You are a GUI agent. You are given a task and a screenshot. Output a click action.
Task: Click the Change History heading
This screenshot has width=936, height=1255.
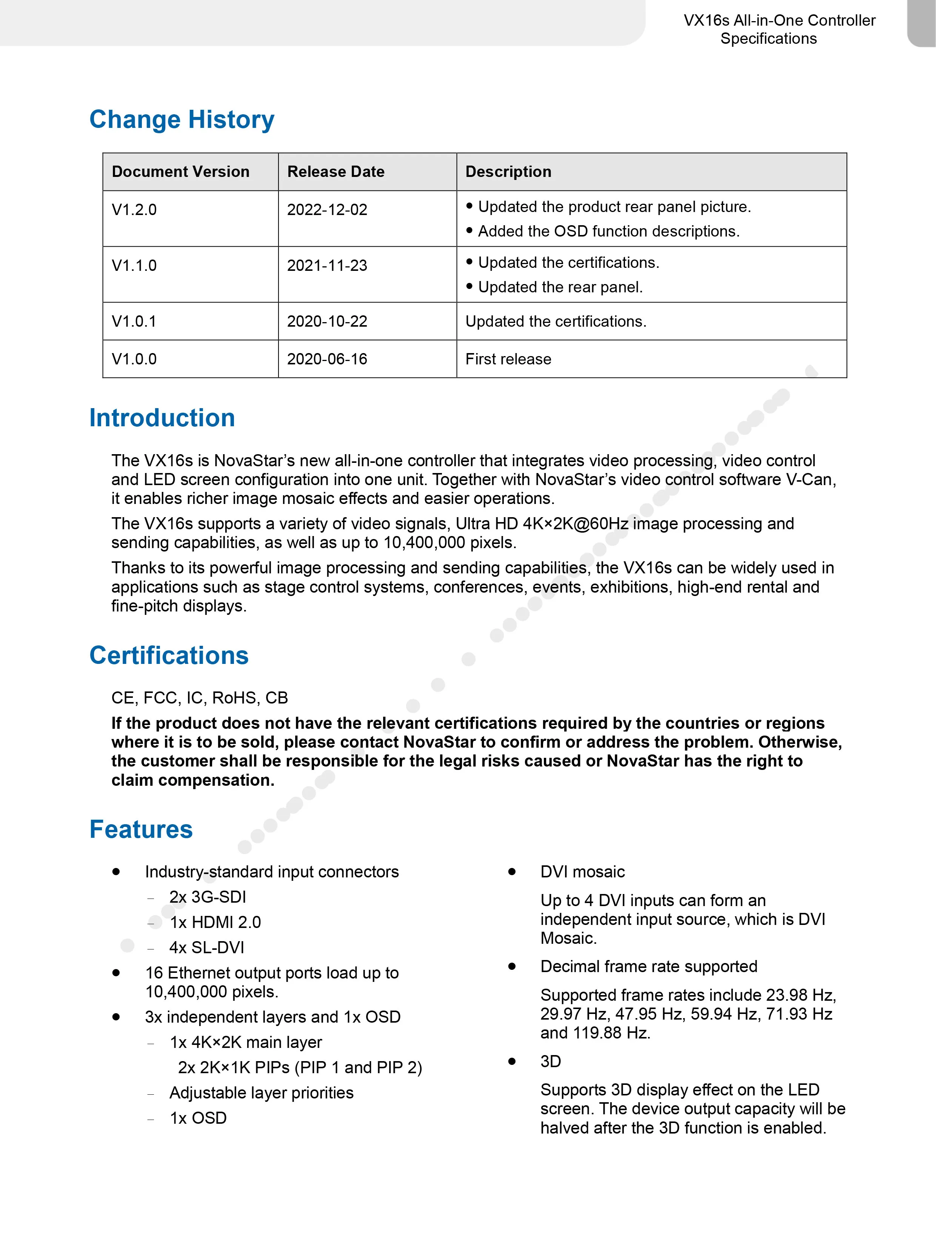[182, 120]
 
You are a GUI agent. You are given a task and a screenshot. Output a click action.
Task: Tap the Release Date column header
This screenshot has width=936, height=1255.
[336, 172]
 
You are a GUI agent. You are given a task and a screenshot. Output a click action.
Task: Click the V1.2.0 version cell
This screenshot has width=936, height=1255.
[134, 210]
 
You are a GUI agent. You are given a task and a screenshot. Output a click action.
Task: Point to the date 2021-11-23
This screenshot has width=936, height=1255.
[327, 266]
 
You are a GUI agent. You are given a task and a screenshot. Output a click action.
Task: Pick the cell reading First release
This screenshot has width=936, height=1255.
[508, 359]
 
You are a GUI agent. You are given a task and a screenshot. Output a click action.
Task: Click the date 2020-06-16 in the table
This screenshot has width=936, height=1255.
[327, 359]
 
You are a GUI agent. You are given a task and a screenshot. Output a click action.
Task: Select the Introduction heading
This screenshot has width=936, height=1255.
[162, 418]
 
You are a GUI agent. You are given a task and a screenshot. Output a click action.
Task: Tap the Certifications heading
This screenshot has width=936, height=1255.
[169, 655]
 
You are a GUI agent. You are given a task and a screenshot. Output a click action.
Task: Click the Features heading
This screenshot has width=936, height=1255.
[141, 829]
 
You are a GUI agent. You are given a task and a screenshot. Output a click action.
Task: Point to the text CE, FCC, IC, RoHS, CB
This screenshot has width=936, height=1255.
[199, 698]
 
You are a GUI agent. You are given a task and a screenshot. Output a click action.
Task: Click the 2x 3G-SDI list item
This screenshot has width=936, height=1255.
[207, 897]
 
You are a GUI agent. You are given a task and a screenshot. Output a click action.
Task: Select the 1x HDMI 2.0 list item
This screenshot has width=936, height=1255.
[215, 923]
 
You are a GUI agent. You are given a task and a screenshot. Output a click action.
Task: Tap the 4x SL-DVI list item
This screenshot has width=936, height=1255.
[207, 948]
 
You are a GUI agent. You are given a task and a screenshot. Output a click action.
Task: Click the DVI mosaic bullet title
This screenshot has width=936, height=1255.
[582, 872]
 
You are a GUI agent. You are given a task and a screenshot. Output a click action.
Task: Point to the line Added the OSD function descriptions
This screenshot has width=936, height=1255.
[608, 232]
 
